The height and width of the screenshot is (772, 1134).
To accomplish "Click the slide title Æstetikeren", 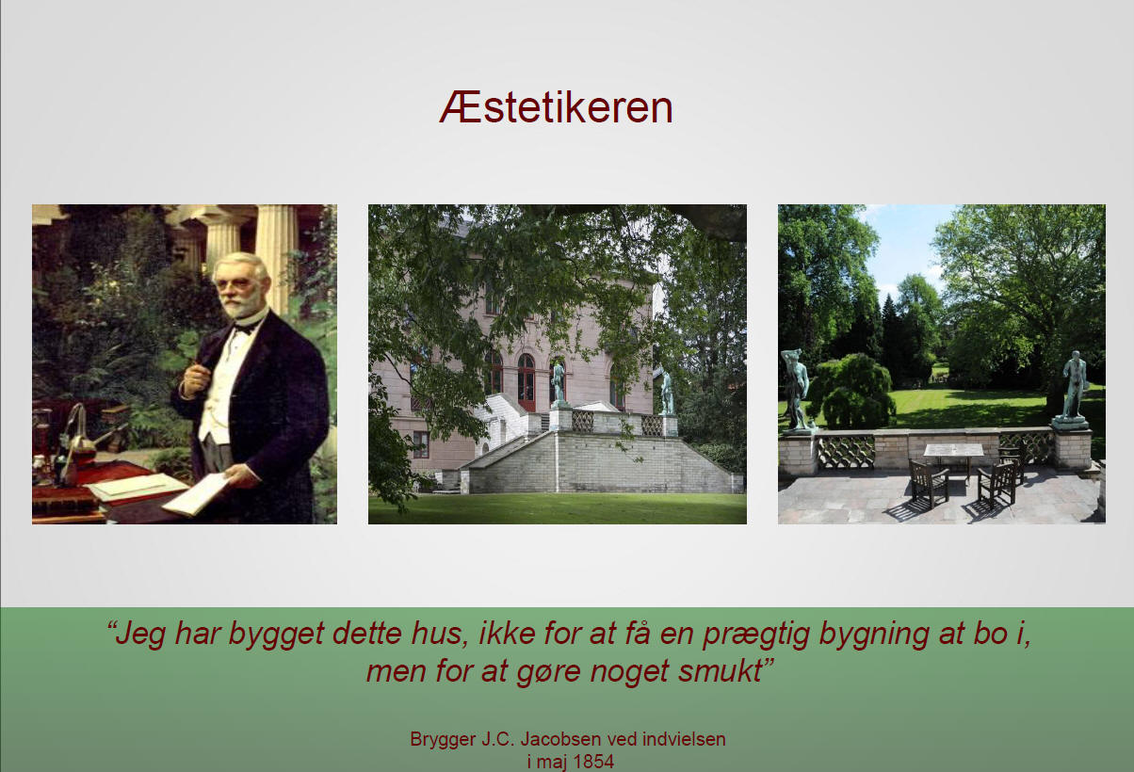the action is (556, 107).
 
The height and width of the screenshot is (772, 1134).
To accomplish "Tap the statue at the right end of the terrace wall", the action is (1074, 387).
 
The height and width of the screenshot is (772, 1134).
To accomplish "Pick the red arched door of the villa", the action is (526, 382).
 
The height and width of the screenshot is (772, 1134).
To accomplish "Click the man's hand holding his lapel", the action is (194, 380).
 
